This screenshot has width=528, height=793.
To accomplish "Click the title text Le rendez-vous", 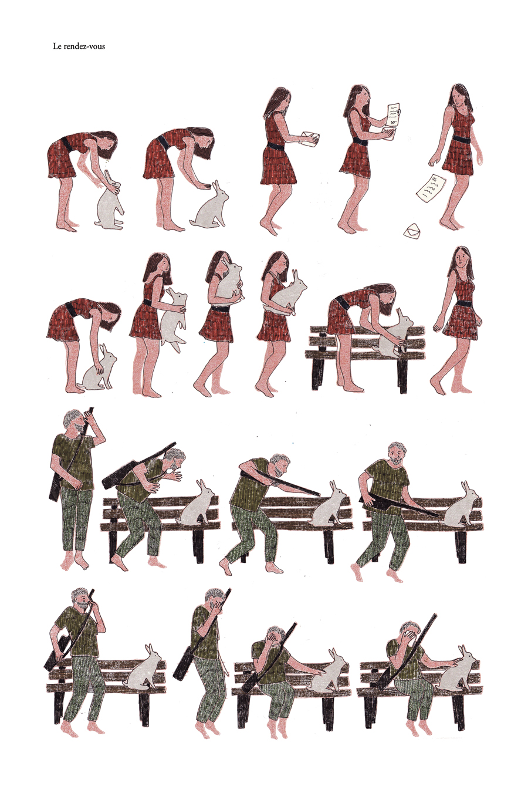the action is [79, 46].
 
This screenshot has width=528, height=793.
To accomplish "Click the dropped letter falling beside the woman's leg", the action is [431, 188].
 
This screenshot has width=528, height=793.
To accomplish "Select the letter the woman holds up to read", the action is [394, 114].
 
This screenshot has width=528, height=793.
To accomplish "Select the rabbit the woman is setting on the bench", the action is [395, 334].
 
